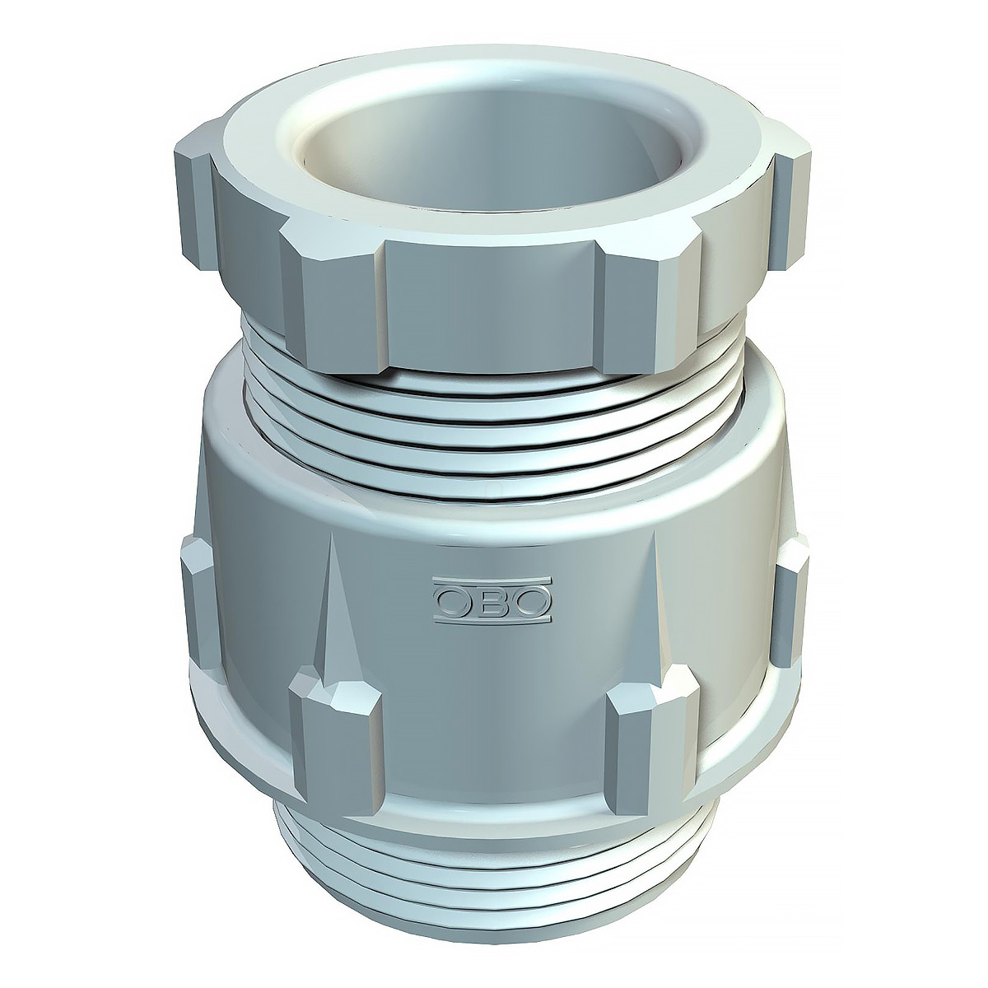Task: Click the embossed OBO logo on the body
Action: (x=492, y=601)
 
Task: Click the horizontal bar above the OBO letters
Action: (x=492, y=582)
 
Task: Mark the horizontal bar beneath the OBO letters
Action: (x=492, y=620)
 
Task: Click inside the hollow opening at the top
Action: (x=492, y=149)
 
